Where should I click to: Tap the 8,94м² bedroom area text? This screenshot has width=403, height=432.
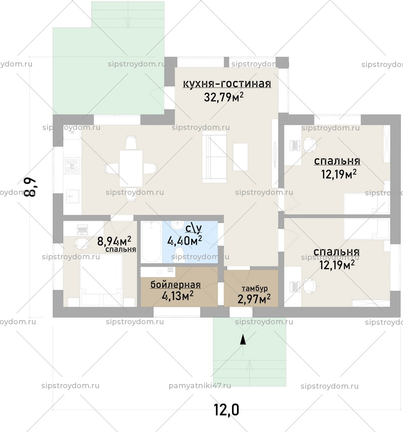[114, 241]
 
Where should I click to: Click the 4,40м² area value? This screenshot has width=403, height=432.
[184, 240]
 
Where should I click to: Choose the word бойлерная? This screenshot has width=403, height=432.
[175, 285]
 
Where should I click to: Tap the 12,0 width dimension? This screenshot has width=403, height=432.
[227, 410]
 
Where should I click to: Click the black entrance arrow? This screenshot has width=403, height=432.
[243, 338]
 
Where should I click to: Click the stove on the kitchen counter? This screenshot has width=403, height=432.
[71, 165]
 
